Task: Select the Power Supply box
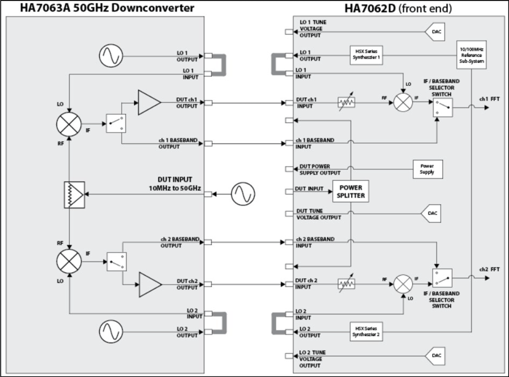(427, 169)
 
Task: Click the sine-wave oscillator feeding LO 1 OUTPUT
(111, 55)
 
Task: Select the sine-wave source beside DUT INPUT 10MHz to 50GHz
(243, 194)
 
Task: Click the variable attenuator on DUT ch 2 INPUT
(346, 284)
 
